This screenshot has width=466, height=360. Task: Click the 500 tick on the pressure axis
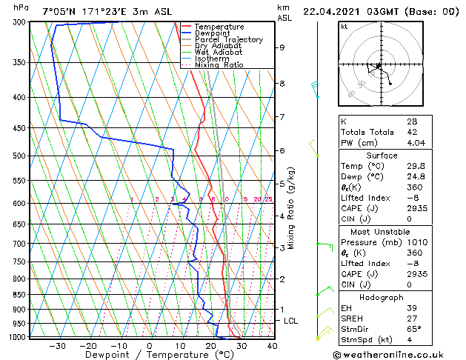click(19, 156)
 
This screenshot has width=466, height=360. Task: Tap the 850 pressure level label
click(19, 295)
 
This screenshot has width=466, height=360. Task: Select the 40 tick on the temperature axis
click(272, 345)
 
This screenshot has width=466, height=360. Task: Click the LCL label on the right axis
click(290, 321)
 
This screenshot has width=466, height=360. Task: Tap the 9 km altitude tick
click(282, 47)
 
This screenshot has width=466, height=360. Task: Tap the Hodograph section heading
click(381, 297)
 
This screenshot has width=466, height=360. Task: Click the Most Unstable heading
click(381, 232)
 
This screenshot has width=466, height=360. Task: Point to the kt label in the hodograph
click(344, 27)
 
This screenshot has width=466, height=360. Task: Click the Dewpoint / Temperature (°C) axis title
click(150, 356)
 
